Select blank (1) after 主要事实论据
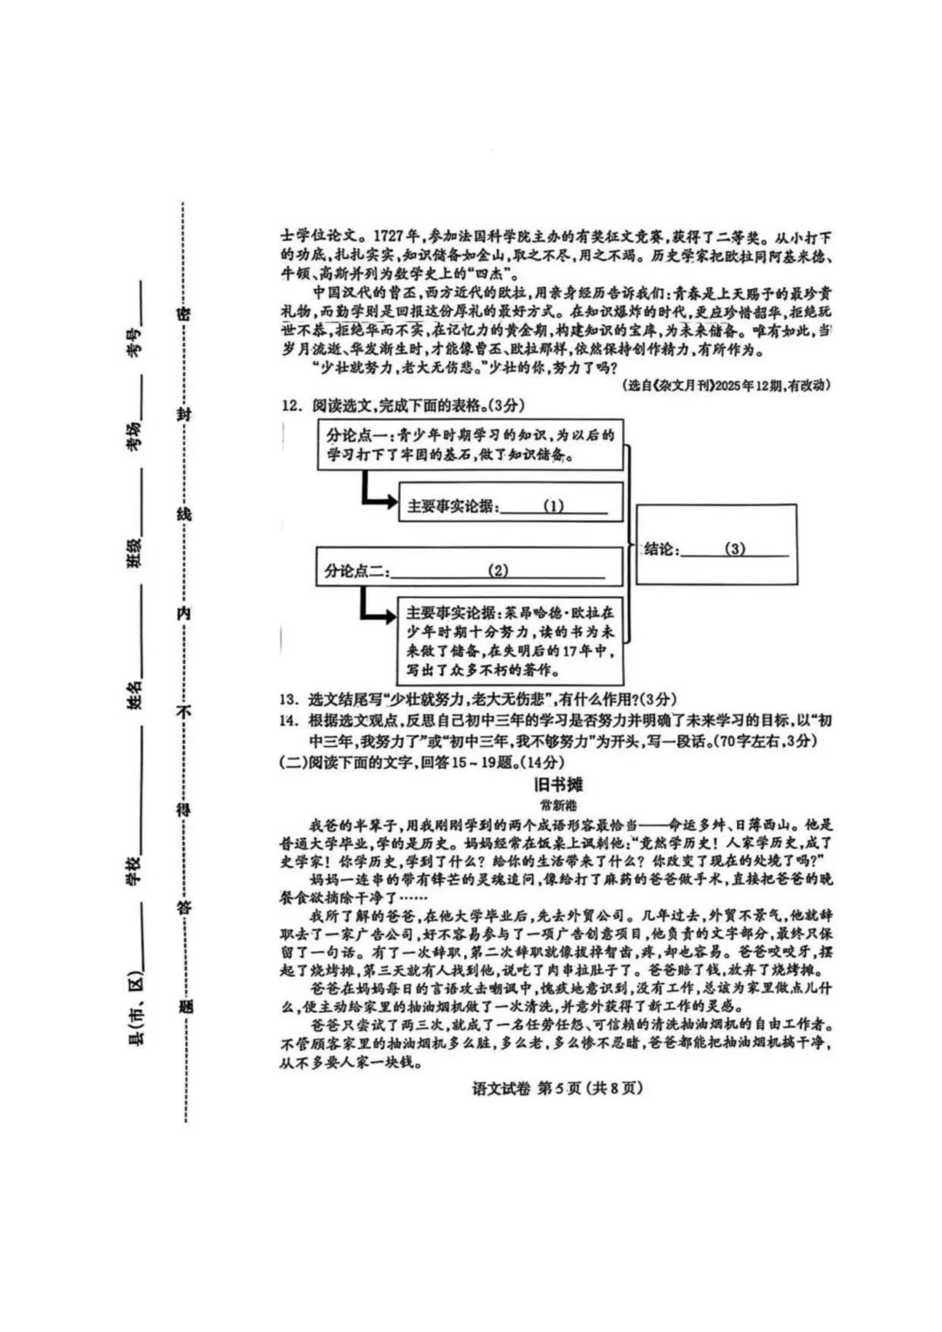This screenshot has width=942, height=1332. [x=553, y=506]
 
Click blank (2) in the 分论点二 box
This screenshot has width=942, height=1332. [x=498, y=570]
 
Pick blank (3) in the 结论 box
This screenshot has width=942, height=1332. [x=735, y=549]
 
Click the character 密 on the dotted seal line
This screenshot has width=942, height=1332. [x=184, y=316]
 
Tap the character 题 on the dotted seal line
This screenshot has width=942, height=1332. [x=184, y=1006]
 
